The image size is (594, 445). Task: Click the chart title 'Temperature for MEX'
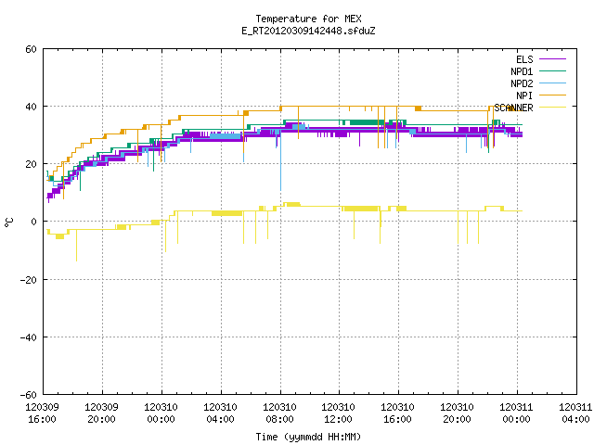308,19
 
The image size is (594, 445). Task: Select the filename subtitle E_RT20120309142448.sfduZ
308,31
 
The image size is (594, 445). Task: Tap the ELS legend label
524,59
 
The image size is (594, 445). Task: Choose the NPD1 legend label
522,71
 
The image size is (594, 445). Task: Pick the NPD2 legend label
522,83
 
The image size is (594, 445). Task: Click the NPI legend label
524,95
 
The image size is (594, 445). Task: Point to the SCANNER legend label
513,108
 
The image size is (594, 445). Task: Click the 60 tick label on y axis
31,49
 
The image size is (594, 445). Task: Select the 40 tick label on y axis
31,107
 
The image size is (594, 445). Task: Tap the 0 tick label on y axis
34,222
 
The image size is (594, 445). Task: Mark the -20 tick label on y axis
29,280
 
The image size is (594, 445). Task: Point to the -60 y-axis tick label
29,395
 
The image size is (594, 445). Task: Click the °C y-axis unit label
9,222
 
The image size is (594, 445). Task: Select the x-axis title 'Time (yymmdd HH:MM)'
308,437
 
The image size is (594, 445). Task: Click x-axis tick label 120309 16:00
42,413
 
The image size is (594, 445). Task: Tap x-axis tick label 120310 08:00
279,413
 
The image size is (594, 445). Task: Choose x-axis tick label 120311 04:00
575,413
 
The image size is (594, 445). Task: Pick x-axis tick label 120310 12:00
338,413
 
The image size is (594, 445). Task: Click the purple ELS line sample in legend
552,59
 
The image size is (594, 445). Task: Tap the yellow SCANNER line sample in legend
552,108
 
